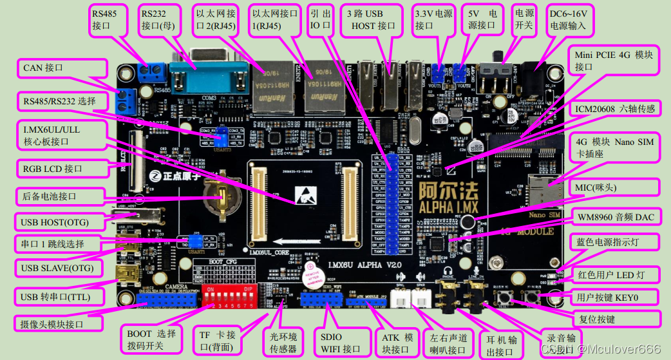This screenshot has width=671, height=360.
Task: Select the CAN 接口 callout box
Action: [62, 68]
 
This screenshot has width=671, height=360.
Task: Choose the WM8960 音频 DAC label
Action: [615, 217]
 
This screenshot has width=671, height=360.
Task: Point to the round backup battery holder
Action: [221, 195]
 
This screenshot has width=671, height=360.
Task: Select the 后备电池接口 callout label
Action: [60, 195]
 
